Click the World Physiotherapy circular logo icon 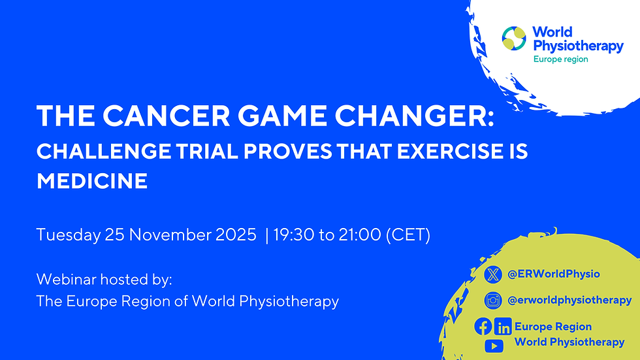514,39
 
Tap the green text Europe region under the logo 560,59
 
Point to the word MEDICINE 92,180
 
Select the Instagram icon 493,301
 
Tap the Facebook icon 483,326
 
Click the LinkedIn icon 503,327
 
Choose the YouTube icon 493,344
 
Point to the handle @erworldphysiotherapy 569,301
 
